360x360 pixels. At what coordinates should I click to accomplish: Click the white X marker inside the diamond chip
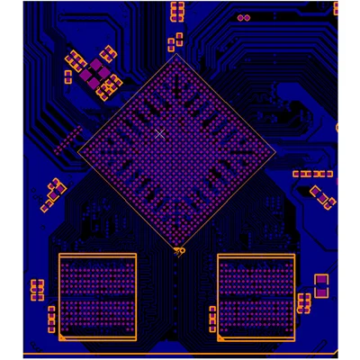point(159,133)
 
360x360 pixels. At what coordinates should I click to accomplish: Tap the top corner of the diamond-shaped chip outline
point(177,54)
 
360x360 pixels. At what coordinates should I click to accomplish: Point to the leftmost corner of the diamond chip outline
point(79,150)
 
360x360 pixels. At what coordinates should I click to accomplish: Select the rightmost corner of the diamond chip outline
point(275,150)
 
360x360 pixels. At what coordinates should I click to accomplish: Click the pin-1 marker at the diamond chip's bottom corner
point(178,250)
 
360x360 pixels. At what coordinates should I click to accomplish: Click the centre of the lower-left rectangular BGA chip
point(97,298)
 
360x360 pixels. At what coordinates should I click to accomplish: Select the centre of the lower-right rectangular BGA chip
point(256,296)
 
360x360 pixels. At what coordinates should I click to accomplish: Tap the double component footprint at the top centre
point(176,10)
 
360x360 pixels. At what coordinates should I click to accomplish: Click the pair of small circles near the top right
point(243,17)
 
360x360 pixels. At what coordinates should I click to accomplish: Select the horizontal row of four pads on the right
point(313,173)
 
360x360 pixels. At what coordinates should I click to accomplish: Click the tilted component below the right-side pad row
point(322,195)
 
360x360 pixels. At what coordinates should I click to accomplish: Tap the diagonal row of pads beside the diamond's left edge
point(67,139)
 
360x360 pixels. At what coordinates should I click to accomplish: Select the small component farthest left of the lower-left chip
point(37,290)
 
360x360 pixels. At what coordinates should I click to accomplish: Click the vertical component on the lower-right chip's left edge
point(213,318)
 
